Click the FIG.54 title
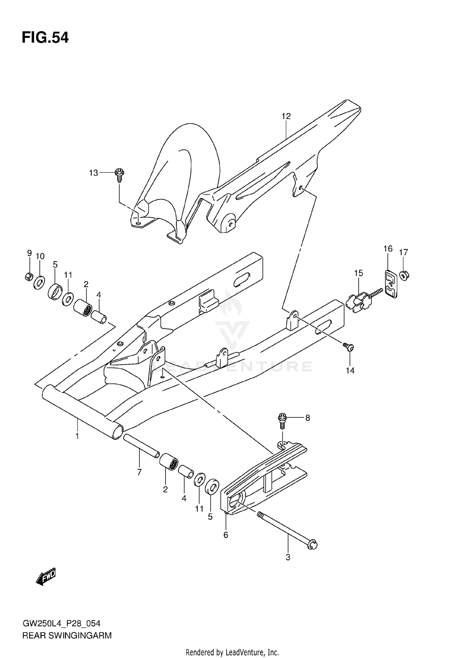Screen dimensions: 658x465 click(45, 38)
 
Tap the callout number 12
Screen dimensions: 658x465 click(286, 116)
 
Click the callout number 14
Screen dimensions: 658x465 click(350, 371)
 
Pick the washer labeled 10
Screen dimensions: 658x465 click(39, 282)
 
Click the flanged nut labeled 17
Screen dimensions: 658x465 click(403, 275)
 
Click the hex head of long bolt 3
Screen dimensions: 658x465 click(312, 545)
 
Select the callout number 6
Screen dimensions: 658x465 click(226, 535)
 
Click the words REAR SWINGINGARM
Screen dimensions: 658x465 click(67, 636)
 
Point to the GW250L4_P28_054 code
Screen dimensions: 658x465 click(61, 624)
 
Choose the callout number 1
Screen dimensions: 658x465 click(77, 436)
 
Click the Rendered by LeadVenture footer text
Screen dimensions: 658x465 click(232, 652)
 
